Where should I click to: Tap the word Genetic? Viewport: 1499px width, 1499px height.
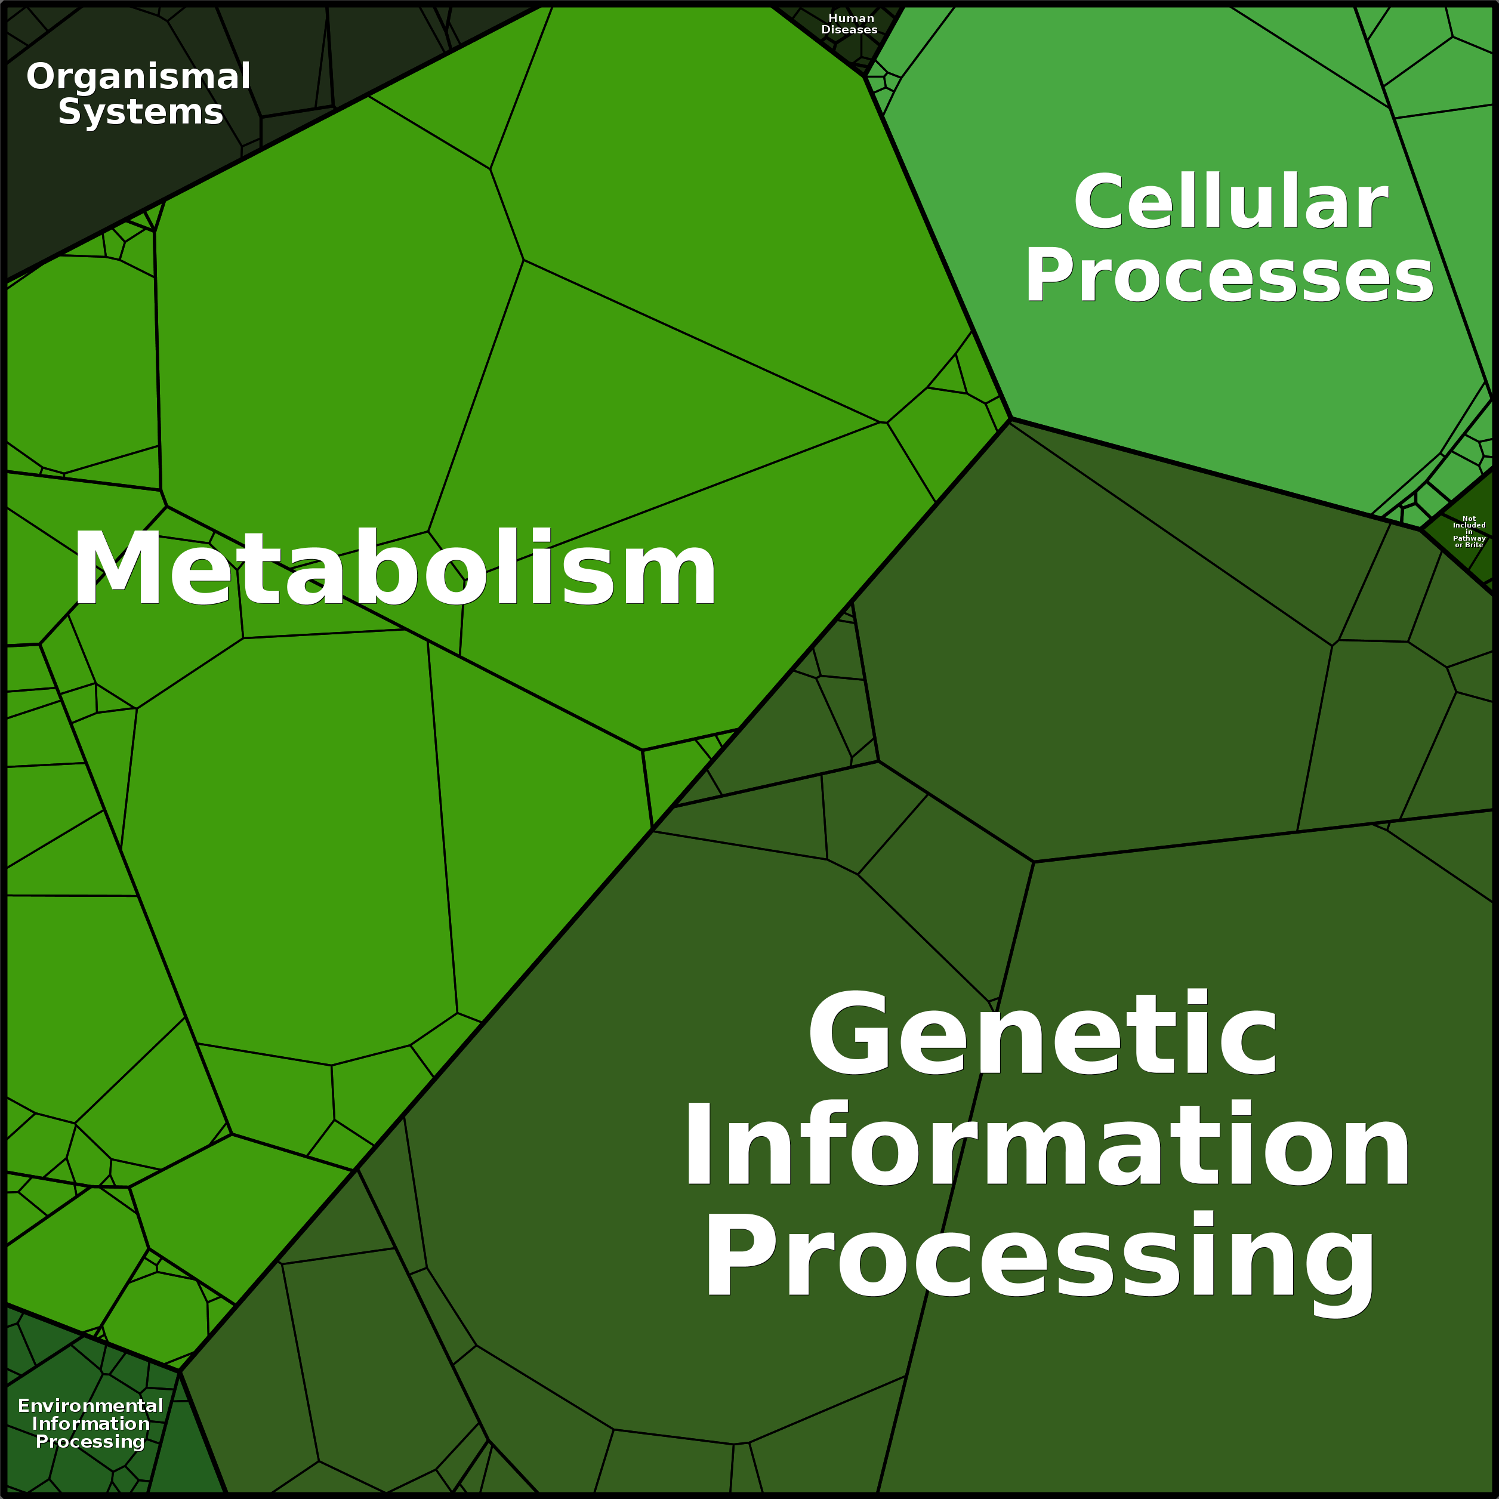pos(1042,1033)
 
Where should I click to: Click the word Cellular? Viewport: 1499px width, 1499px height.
pos(1230,201)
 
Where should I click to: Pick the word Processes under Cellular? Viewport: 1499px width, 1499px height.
pos(1229,276)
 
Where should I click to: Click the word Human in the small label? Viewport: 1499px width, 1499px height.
pos(851,18)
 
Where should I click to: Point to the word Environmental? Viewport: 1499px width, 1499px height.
pos(91,1406)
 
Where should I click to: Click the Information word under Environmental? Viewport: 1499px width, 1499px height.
pos(91,1424)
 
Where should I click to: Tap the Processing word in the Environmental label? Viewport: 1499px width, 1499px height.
pos(91,1442)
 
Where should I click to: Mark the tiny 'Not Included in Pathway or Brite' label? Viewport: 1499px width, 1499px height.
pos(1469,532)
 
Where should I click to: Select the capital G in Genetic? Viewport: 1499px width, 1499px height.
pos(849,1033)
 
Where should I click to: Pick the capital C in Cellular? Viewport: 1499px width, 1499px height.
pos(1101,201)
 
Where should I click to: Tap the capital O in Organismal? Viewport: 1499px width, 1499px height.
pos(42,77)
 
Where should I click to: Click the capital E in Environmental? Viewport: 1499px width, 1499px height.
pos(24,1406)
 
